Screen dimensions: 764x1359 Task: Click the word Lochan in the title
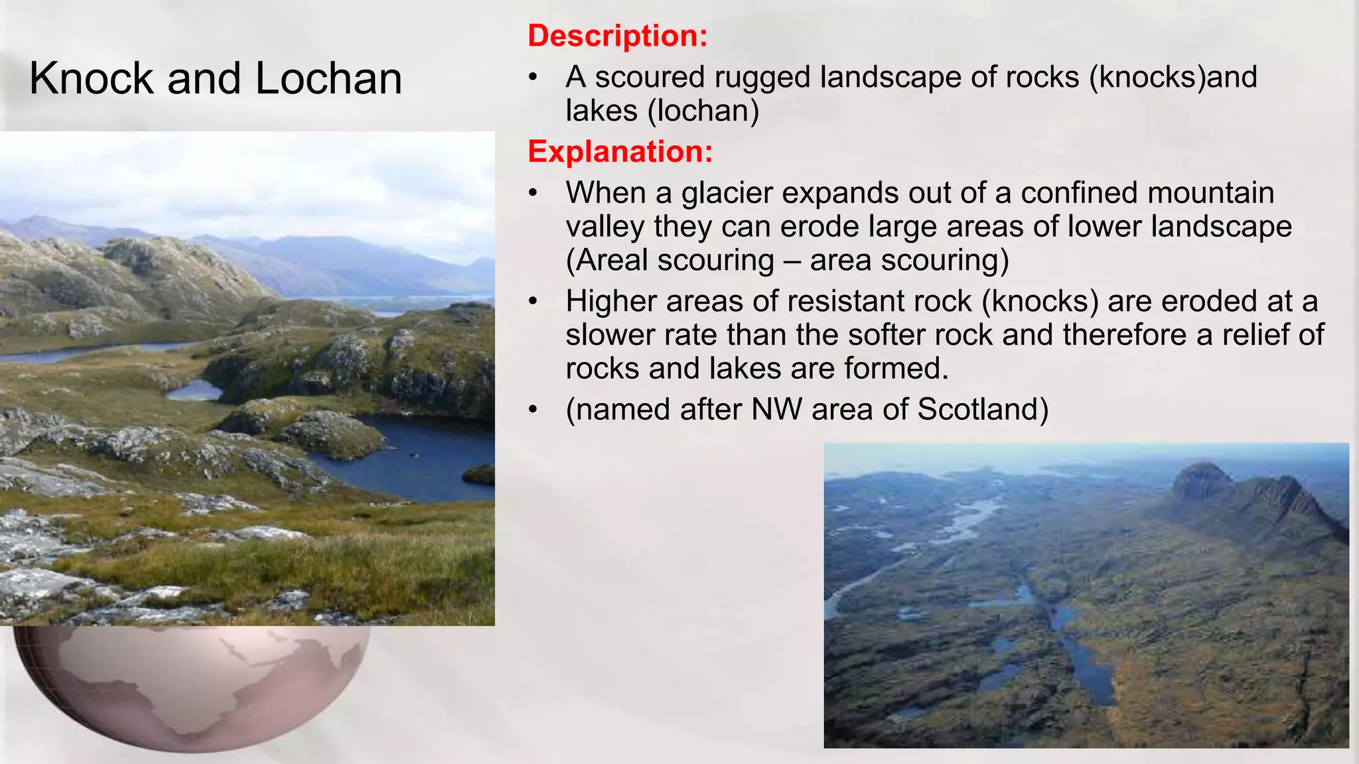328,78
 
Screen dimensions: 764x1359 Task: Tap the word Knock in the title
92,78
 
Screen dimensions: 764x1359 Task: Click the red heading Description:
617,35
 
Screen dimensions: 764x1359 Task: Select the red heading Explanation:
620,151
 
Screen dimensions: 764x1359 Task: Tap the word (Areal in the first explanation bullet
607,260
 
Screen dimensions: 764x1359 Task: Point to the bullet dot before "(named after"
532,410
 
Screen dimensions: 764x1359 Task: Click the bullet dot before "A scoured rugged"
532,78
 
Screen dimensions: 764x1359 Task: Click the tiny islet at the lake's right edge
479,474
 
